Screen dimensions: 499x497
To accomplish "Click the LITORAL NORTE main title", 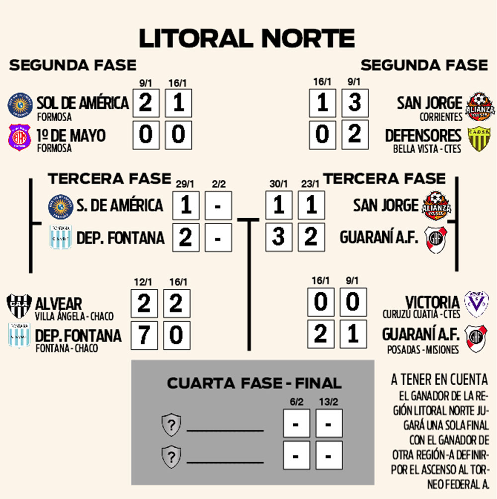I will coord(247,39).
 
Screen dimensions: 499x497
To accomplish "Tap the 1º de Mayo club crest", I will coord(19,138).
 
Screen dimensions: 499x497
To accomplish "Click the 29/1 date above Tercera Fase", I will coord(185,184).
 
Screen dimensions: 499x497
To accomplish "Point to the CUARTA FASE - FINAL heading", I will coord(254,383).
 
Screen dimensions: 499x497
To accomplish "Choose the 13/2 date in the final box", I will coord(329,402).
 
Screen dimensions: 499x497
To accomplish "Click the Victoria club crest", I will coord(476,303).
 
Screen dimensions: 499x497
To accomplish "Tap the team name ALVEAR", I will coord(59,303).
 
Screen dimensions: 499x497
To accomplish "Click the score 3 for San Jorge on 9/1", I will coord(354,103).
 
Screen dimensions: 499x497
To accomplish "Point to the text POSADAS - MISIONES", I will coord(423,350).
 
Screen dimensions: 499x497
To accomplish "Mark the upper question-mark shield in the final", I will coord(171,425).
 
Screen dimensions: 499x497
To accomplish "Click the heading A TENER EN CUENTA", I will coord(439,380).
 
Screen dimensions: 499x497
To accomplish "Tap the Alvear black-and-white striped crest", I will coord(19,305).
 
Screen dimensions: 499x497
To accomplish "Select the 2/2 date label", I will coord(218,184).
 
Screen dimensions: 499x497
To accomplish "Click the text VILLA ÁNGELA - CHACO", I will coord(74,316).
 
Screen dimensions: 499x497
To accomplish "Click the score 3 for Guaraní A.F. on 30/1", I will coord(279,237).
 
